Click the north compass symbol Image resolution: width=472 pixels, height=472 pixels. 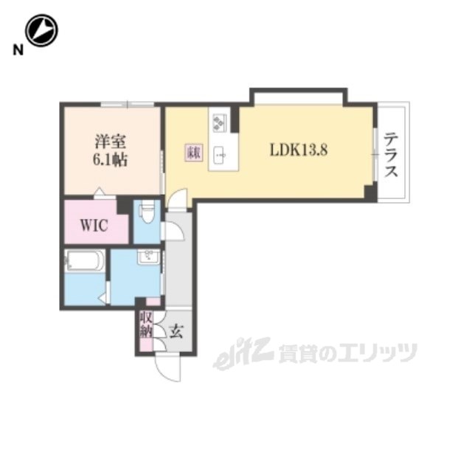tap(41, 32)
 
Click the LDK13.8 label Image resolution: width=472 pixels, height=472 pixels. tap(298, 150)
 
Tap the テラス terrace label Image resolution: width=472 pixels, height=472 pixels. tap(392, 155)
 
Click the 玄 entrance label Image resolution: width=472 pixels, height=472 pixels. tap(177, 330)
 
